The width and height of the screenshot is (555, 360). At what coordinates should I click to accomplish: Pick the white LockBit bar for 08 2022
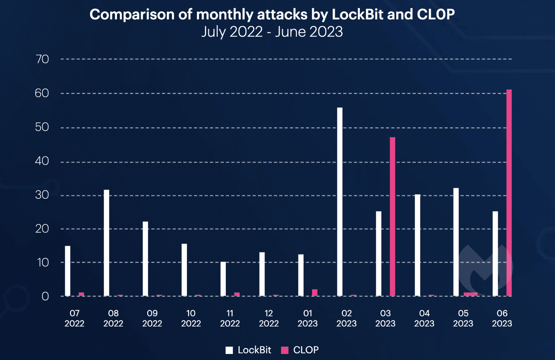(106, 243)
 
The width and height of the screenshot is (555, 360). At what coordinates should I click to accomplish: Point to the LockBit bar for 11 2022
(223, 279)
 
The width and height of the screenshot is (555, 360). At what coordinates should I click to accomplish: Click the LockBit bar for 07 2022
(67, 271)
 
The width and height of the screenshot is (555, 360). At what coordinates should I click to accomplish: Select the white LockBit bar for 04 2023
(417, 245)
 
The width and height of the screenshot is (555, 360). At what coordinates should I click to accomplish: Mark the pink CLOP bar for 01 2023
(315, 293)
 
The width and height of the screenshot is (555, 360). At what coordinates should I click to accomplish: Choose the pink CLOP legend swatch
(285, 350)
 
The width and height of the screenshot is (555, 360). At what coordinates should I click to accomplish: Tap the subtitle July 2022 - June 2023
(272, 32)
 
